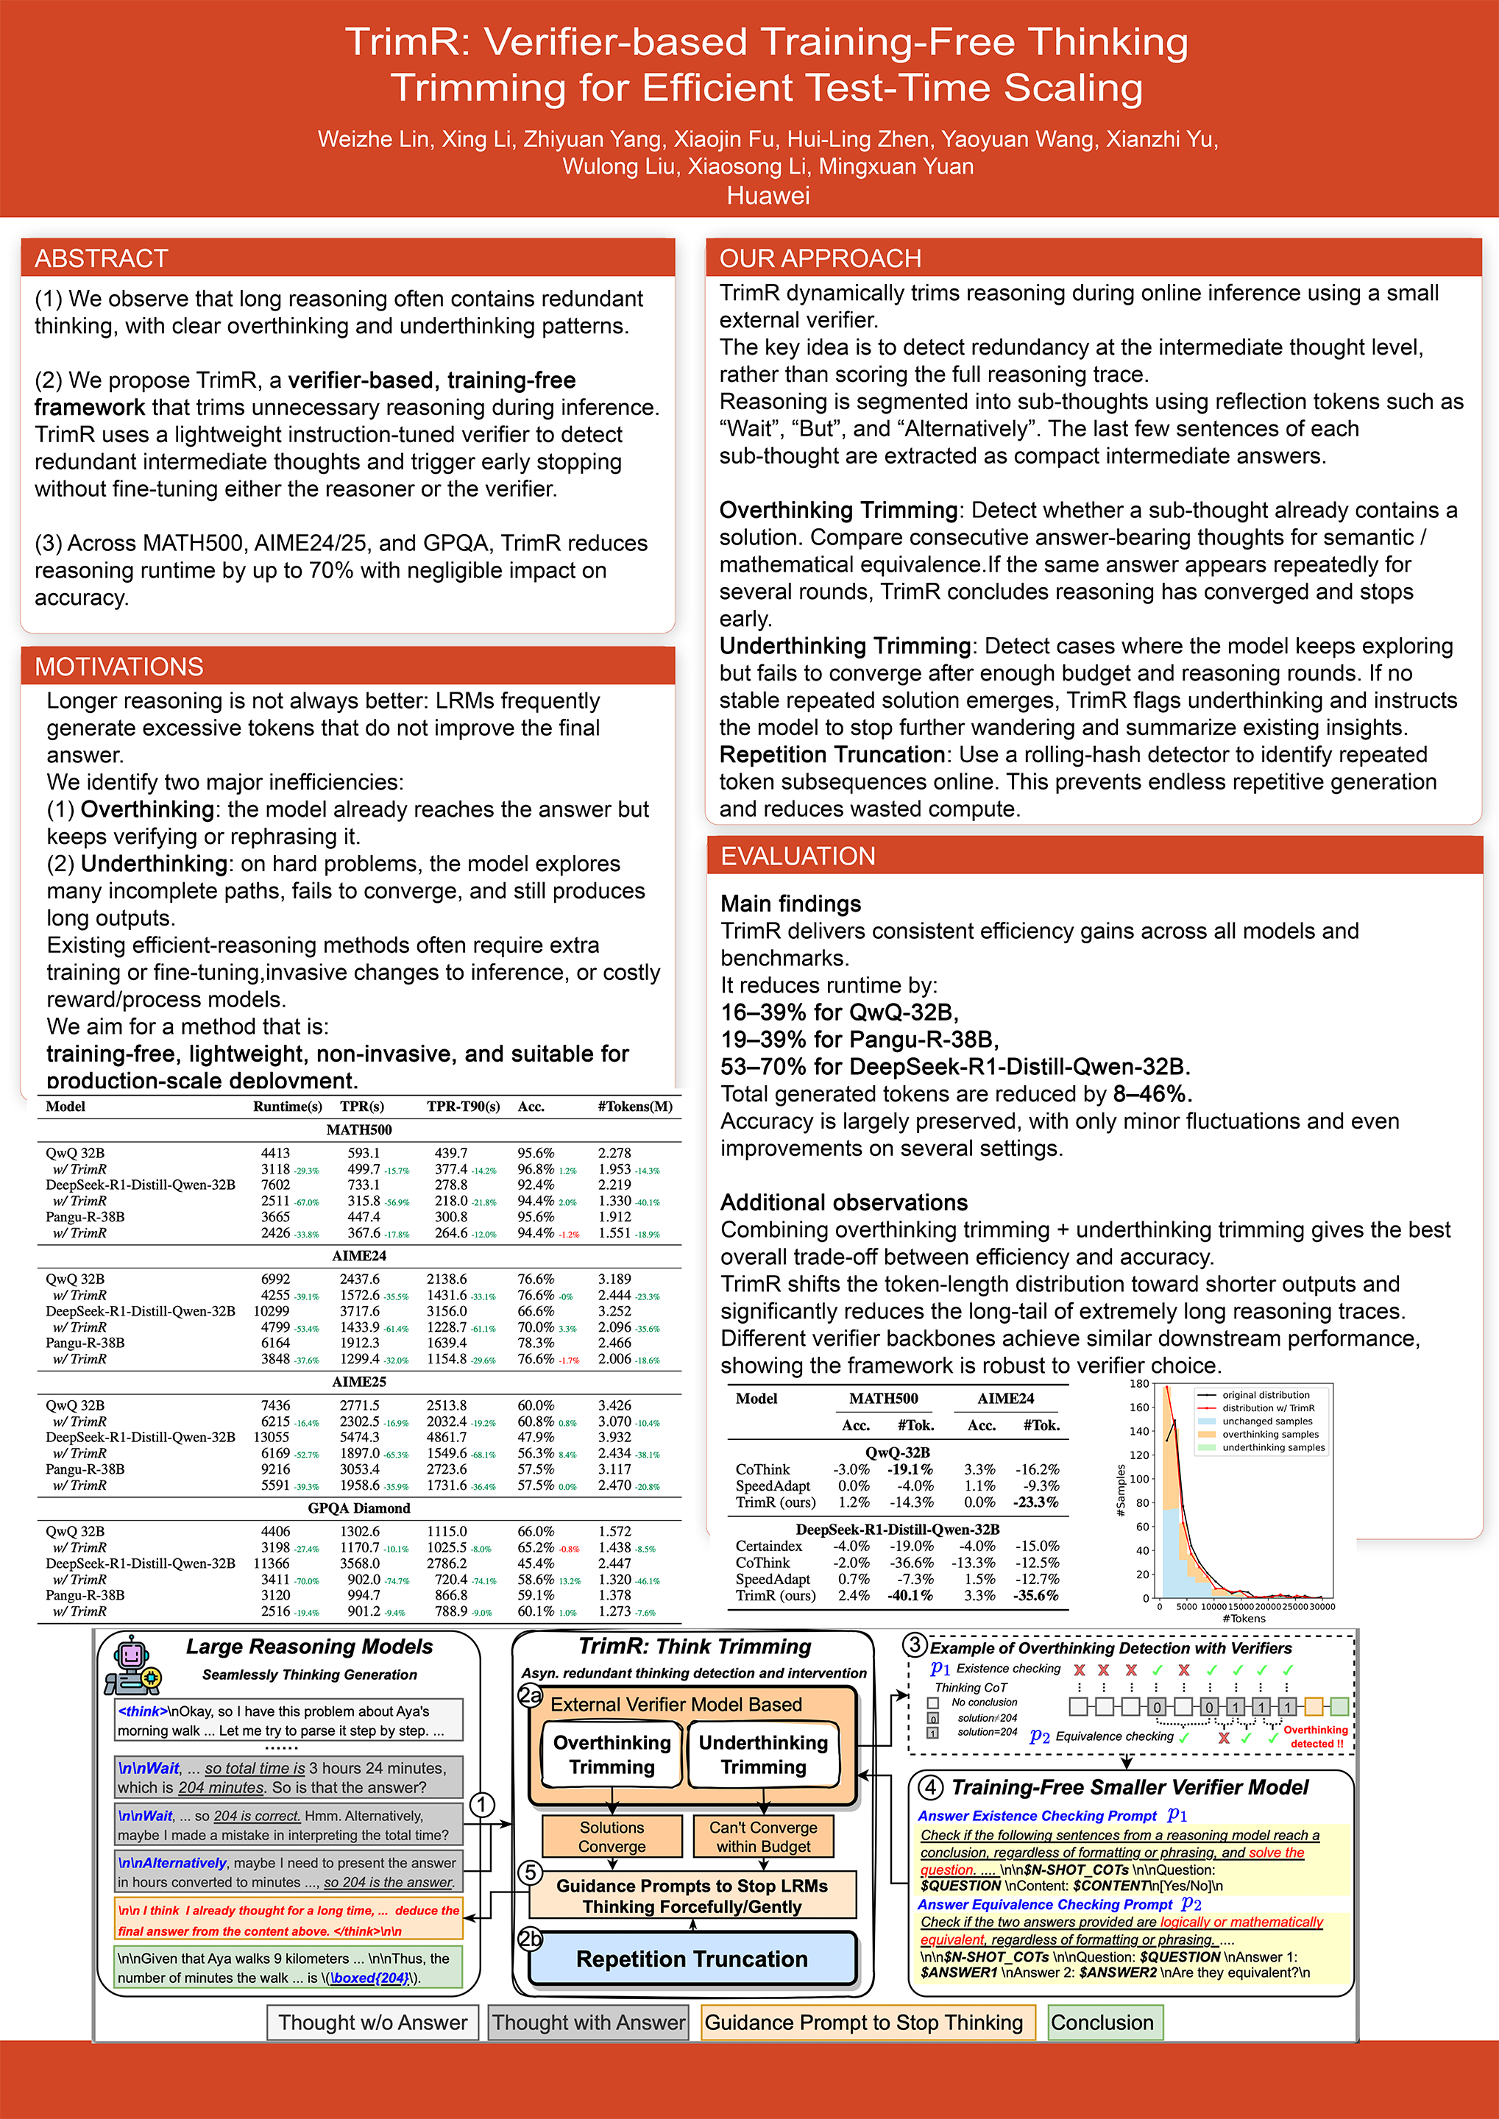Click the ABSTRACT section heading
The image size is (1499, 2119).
click(x=102, y=258)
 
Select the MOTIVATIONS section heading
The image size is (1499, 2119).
click(x=119, y=667)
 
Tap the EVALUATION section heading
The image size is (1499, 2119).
click(x=798, y=856)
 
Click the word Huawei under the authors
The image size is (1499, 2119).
click(x=768, y=196)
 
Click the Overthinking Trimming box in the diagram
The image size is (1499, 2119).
click(x=612, y=1755)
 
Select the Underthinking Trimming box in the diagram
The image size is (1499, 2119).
click(x=763, y=1755)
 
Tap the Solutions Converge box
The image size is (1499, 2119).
click(x=612, y=1836)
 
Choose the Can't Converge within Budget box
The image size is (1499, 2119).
click(x=763, y=1836)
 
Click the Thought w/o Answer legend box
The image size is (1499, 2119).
click(x=373, y=2022)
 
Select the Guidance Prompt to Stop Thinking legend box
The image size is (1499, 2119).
click(x=864, y=2022)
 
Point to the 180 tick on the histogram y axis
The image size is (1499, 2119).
click(x=1139, y=1385)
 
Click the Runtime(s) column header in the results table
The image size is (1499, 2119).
click(x=287, y=1107)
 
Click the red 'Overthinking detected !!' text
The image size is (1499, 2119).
click(x=1315, y=1737)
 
